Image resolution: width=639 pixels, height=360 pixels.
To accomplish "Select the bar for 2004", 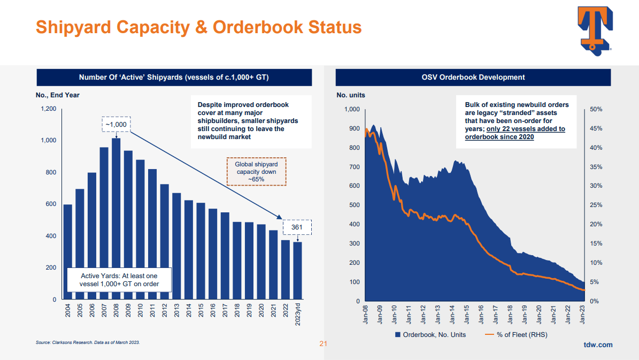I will click(x=68, y=251).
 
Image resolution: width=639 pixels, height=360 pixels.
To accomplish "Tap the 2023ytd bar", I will click(x=297, y=270).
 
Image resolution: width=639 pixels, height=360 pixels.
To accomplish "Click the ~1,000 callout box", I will click(x=116, y=124).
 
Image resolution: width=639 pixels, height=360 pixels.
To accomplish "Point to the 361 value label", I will click(x=297, y=228).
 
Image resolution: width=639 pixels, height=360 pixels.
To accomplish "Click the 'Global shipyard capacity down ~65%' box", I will click(x=256, y=172).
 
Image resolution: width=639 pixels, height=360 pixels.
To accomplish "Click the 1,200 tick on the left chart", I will click(x=49, y=109).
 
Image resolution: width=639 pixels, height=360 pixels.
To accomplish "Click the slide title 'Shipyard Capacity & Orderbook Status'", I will click(x=198, y=27).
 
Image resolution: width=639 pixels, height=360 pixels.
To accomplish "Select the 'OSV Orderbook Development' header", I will click(x=473, y=77).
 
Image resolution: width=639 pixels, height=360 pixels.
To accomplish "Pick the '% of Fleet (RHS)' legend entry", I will click(x=516, y=335).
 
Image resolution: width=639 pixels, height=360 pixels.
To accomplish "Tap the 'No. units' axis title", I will click(x=351, y=95).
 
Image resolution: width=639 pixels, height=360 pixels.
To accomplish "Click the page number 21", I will click(x=322, y=343).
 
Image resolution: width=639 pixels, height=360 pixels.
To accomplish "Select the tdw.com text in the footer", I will click(x=598, y=345).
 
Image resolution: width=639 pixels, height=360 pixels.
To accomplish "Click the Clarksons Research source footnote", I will click(x=88, y=342).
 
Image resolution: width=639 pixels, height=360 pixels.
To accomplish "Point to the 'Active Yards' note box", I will click(x=119, y=280).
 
